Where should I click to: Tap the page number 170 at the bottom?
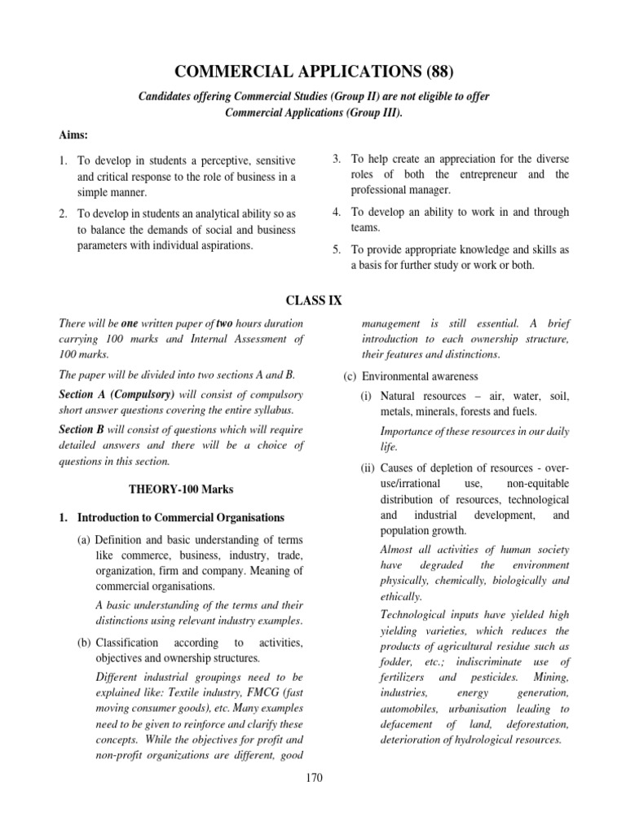(x=313, y=778)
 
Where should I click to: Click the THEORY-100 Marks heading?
(x=181, y=489)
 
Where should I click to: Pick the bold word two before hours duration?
(x=226, y=323)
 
